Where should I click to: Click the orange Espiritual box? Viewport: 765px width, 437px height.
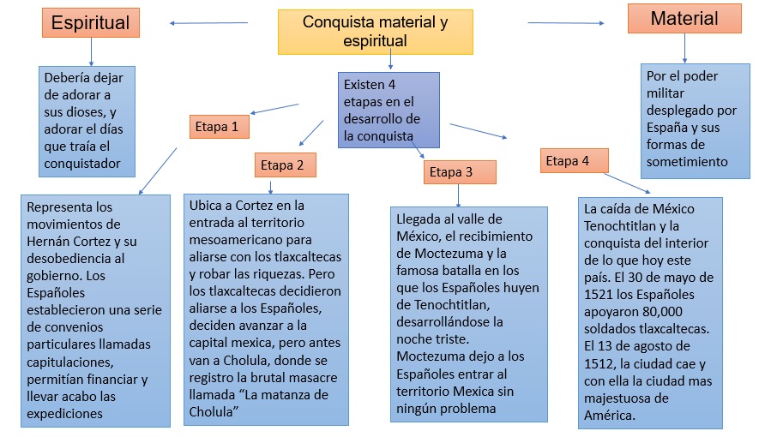(90, 23)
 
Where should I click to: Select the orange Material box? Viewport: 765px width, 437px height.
(684, 19)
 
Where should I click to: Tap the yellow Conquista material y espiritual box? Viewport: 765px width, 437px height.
(375, 31)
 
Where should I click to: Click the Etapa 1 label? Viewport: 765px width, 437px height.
(219, 127)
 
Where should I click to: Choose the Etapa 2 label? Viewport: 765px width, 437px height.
(284, 165)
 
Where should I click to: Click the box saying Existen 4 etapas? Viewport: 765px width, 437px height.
(388, 110)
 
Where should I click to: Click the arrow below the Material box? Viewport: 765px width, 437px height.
(684, 48)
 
